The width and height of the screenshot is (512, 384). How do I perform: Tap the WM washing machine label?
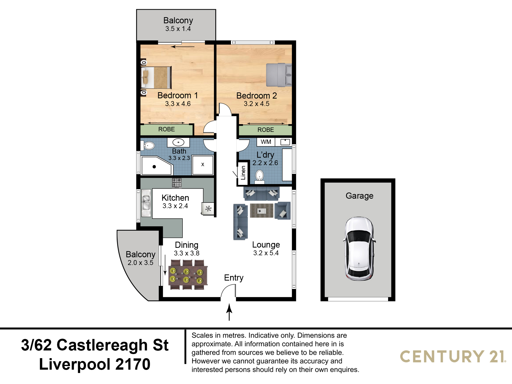point(266,142)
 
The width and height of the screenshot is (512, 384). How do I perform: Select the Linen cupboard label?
point(243,173)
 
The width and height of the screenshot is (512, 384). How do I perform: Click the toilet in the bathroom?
point(148,146)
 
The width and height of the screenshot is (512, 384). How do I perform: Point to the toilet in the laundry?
point(260,176)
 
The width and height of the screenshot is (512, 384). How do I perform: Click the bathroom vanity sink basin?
point(178,142)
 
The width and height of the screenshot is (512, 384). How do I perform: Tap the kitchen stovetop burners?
point(177,183)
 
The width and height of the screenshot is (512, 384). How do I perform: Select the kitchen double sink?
point(146,202)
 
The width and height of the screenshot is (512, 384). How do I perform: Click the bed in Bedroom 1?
point(156,77)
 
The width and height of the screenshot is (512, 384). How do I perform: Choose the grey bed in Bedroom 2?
point(279,75)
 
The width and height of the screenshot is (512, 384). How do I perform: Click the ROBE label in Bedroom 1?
point(166,129)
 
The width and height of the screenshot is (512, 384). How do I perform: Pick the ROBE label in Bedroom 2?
point(266,130)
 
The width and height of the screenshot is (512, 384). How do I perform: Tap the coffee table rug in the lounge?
point(262,211)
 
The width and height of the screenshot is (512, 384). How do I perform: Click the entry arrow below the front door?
point(229,312)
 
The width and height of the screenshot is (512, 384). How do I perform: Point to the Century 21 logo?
point(453,357)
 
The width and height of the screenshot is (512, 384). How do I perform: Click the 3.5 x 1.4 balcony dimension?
point(178,29)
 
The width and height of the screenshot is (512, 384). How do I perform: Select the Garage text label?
point(359,196)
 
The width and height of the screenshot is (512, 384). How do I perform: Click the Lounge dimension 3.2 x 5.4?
point(266,253)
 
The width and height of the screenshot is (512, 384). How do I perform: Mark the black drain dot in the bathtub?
point(154,167)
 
